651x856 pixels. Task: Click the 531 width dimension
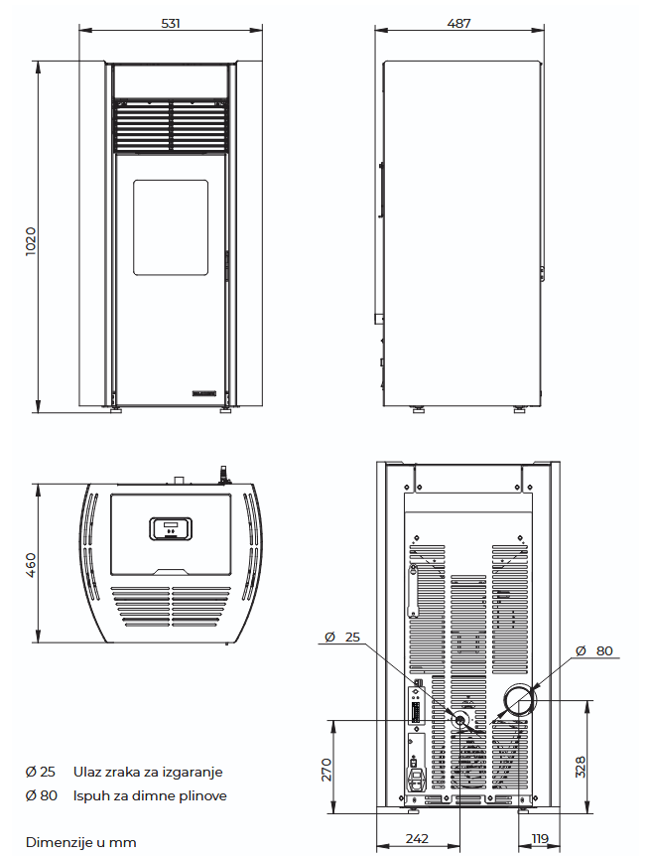[171, 24]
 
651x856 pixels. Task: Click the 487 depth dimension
[458, 24]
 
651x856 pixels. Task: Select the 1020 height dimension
[31, 240]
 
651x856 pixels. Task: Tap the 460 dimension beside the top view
[31, 565]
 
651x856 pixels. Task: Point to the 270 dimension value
[326, 770]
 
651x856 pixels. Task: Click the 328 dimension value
[581, 767]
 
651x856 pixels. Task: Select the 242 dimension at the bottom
[417, 838]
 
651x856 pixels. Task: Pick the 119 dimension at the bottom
[540, 838]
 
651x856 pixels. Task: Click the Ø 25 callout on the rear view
[342, 638]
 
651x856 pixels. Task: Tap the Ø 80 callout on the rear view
[594, 650]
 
